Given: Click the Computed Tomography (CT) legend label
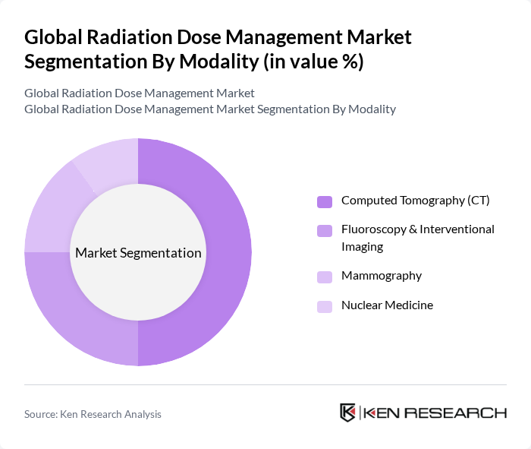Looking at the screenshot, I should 415,201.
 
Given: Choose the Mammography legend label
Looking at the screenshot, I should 381,276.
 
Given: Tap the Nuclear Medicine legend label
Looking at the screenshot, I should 387,305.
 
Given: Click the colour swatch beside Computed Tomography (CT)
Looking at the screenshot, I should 324,201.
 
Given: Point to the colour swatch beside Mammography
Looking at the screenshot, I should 324,277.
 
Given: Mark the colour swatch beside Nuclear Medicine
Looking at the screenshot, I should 324,306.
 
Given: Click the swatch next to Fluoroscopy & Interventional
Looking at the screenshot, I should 324,230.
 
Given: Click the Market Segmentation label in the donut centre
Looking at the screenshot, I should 138,253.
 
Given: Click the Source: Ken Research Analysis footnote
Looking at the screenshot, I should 93,414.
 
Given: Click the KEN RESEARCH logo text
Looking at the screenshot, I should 435,413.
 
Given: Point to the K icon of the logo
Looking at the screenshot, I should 348,413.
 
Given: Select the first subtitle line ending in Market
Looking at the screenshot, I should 140,93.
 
